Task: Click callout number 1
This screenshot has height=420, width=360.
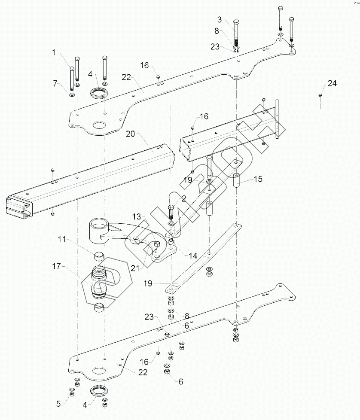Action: (x=54, y=52)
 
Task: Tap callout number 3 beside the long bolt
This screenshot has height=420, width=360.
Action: (x=220, y=19)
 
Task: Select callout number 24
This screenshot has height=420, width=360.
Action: (x=332, y=83)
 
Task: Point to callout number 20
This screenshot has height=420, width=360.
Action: (x=131, y=134)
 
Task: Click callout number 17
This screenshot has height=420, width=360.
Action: (x=57, y=266)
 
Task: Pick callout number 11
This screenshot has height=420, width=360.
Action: (x=62, y=239)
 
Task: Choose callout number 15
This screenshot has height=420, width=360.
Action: (x=258, y=179)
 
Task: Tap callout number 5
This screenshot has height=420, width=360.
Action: (x=58, y=404)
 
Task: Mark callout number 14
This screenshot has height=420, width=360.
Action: (x=193, y=256)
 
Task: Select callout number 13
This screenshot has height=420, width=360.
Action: (x=137, y=216)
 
